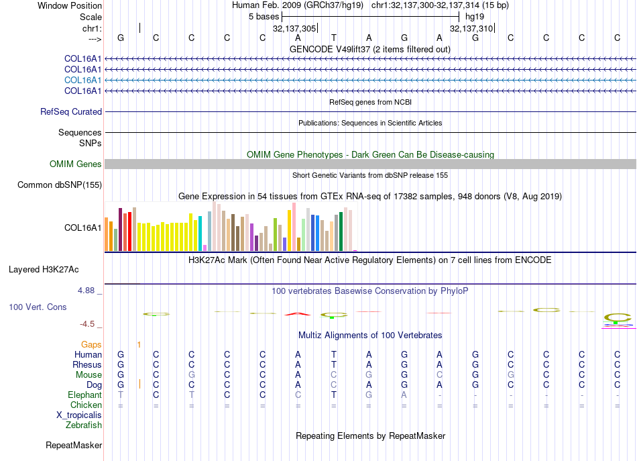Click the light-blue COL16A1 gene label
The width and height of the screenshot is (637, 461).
click(x=82, y=80)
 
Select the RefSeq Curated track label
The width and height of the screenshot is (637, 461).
click(x=71, y=112)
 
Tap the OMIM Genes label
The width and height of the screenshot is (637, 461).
click(x=75, y=164)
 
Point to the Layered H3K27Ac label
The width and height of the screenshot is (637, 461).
click(x=44, y=270)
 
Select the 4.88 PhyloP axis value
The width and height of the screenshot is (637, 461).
click(x=87, y=291)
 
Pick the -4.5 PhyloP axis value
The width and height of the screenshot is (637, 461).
click(x=87, y=324)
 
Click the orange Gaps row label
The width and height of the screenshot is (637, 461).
click(x=91, y=344)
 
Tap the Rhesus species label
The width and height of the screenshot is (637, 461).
click(x=87, y=364)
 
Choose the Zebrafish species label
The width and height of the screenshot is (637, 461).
click(x=84, y=425)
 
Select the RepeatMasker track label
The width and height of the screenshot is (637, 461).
click(x=74, y=445)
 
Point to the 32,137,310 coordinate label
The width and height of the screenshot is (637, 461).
click(x=471, y=29)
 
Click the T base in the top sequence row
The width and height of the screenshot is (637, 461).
click(x=333, y=38)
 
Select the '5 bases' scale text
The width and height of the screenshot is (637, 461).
click(x=264, y=15)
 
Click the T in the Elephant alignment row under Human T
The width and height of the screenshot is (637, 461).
click(x=333, y=395)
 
